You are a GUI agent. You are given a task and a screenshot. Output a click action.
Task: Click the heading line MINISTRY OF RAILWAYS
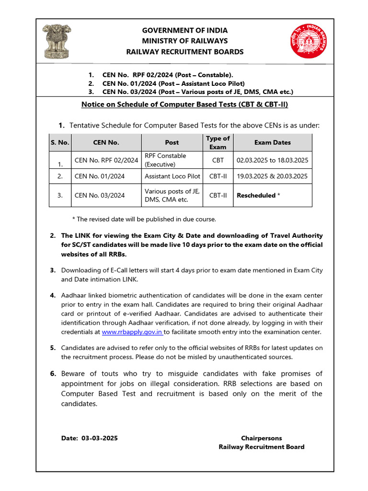(x=184, y=41)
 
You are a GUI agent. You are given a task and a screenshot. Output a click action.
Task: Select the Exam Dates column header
(x=272, y=142)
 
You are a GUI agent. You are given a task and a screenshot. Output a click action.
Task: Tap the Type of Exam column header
(x=218, y=142)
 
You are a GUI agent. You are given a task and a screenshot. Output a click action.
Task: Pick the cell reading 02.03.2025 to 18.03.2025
(x=272, y=160)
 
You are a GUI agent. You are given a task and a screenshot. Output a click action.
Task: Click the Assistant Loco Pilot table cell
(x=172, y=176)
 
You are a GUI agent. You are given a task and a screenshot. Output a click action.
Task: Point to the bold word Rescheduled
(x=256, y=195)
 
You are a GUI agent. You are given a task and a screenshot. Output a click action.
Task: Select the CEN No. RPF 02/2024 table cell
(x=106, y=160)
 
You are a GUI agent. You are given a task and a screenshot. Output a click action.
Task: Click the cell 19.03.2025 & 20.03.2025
(x=272, y=176)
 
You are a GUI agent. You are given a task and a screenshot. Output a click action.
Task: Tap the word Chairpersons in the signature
(x=261, y=438)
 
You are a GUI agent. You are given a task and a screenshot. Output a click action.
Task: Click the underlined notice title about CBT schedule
(x=184, y=104)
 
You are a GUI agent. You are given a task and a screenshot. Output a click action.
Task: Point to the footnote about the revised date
(x=144, y=219)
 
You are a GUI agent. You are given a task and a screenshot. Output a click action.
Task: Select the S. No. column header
(x=60, y=142)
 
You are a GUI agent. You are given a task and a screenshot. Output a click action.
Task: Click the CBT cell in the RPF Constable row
(x=218, y=160)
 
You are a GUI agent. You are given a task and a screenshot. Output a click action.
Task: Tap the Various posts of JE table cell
(x=172, y=195)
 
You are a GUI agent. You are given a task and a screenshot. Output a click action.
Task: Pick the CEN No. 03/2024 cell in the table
(x=100, y=195)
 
